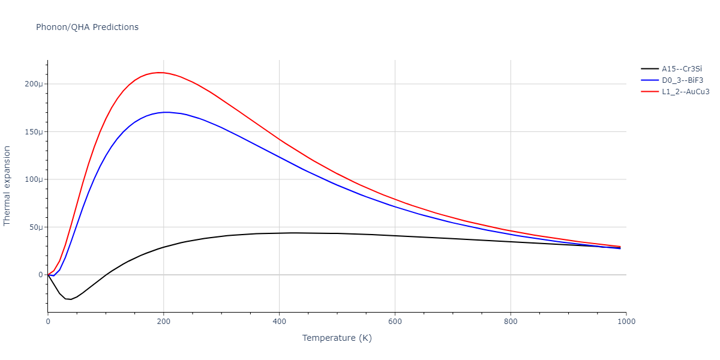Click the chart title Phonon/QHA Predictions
(x=87, y=27)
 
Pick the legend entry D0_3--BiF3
(x=682, y=80)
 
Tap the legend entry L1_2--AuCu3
(x=685, y=91)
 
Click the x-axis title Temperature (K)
(x=337, y=338)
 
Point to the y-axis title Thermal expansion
(x=7, y=185)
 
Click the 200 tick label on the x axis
(x=163, y=322)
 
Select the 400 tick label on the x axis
(x=279, y=322)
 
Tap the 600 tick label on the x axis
(x=395, y=322)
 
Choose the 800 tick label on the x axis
(x=511, y=322)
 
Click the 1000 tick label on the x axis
(x=626, y=322)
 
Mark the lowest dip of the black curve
(x=70, y=299)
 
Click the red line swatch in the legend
(x=650, y=91)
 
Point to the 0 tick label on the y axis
(x=41, y=275)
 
